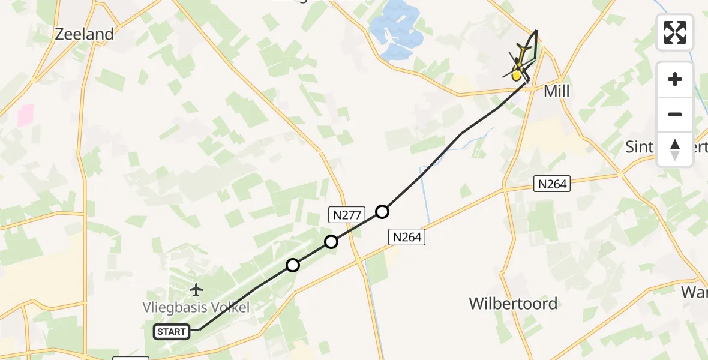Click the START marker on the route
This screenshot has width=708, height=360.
pos(172,331)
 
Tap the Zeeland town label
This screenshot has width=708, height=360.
pos(84,34)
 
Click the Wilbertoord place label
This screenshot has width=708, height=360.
pos(514,303)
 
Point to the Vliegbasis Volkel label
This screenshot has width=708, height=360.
pos(196,308)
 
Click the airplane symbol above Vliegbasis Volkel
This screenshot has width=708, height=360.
pos(196,290)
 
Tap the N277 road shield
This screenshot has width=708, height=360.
pos(344,214)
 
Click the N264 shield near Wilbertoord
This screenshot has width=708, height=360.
pos(407,237)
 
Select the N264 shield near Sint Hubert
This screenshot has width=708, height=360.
pos(552,184)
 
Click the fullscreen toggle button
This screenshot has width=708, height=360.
pos(675,32)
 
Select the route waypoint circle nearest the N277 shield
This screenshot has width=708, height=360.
pos(331,242)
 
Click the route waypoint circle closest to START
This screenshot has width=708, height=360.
pos(292,265)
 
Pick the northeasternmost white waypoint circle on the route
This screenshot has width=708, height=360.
pos(382,211)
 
